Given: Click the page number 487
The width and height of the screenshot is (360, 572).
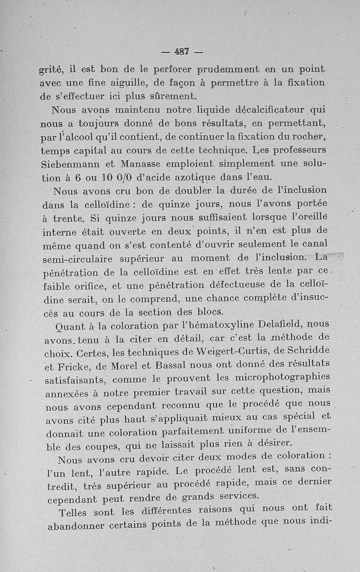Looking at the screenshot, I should [182, 52].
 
